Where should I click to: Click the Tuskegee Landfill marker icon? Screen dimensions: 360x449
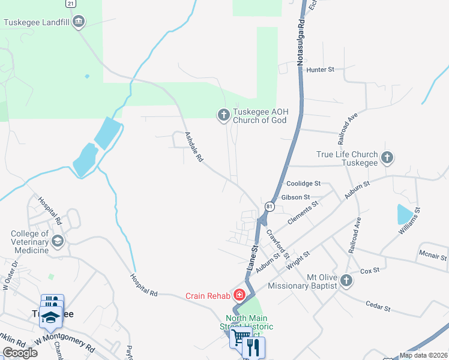[x=79, y=23]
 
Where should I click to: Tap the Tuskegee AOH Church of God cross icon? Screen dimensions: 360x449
[x=223, y=114]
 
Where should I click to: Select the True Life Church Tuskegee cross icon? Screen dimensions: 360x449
[x=387, y=158]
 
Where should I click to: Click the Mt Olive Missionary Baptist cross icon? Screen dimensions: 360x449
[x=346, y=280]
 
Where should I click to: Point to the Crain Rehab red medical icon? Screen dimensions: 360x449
[x=239, y=295]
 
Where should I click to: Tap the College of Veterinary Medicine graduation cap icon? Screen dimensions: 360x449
[x=58, y=241]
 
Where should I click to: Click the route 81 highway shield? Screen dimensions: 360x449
[x=270, y=207]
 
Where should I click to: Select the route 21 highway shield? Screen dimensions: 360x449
[x=71, y=3]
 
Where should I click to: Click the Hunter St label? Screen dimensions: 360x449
[x=320, y=70]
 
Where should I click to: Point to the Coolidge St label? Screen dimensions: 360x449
[x=304, y=184]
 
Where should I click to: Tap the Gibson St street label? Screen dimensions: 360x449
[x=294, y=197]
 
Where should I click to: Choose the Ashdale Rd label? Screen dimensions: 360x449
[x=194, y=148]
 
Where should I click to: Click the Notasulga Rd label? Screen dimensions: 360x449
[x=301, y=40]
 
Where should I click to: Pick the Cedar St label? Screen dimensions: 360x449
[x=378, y=308]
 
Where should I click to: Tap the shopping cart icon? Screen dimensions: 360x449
[x=241, y=338]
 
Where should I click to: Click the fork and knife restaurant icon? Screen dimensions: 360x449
[x=253, y=346]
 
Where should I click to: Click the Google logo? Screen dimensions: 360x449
[x=20, y=352]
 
